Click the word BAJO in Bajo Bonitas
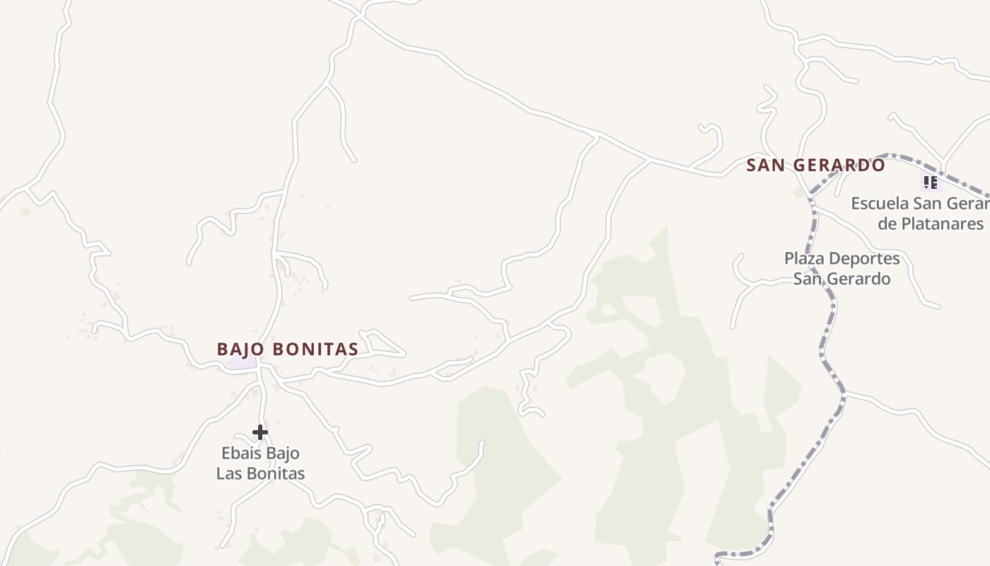(x=241, y=350)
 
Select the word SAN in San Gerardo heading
(x=764, y=166)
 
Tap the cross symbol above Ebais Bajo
(x=260, y=432)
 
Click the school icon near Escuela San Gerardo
(x=931, y=183)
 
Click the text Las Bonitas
(x=260, y=474)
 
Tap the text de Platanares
(x=931, y=224)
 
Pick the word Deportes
(x=866, y=259)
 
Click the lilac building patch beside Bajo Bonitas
(x=243, y=362)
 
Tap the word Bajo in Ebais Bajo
(x=283, y=454)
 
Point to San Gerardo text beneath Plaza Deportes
(x=841, y=279)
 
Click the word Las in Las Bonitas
(x=229, y=474)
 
